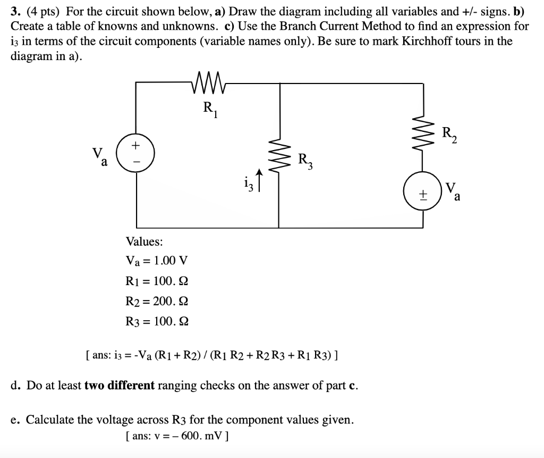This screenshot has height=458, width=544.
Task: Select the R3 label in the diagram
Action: click(x=305, y=160)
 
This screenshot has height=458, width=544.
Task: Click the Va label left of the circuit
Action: click(x=99, y=155)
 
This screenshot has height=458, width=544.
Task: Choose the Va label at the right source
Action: click(x=453, y=191)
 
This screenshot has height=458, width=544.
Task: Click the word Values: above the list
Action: click(x=144, y=242)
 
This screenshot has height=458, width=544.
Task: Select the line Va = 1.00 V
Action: click(x=156, y=261)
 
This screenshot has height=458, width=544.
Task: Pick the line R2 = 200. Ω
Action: click(x=156, y=301)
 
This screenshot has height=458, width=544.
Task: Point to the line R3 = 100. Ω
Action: click(x=156, y=321)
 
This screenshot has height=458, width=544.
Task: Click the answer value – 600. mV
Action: click(x=199, y=435)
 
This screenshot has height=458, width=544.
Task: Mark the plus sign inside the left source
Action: click(x=136, y=145)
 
